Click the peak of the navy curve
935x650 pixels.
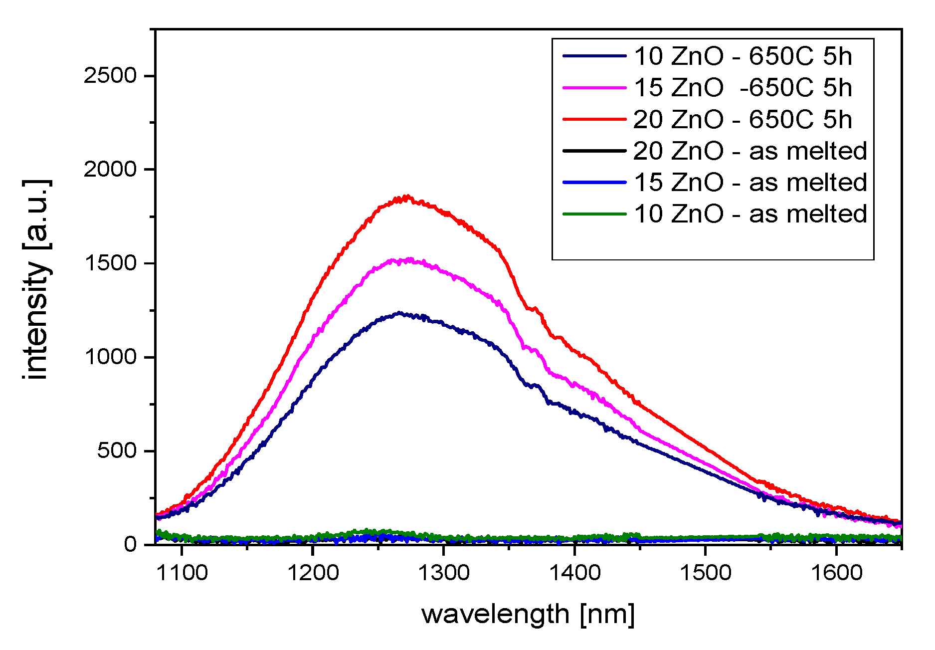[399, 313]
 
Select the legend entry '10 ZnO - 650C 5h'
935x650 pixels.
[743, 56]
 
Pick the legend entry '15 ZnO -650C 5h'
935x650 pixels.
[743, 88]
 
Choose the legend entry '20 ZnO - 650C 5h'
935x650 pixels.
[743, 120]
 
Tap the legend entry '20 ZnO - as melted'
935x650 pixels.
[750, 151]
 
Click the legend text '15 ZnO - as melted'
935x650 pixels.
[750, 183]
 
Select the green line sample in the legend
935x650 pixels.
[594, 215]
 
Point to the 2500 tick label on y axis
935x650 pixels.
[110, 76]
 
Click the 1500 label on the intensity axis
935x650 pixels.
[110, 263]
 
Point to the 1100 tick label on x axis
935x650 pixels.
[182, 573]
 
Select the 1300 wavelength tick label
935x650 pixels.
[443, 573]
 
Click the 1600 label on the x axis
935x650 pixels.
[836, 573]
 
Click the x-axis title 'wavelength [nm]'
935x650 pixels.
[528, 614]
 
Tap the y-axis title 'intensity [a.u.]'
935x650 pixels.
[36, 279]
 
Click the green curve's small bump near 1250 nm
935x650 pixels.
[369, 532]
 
